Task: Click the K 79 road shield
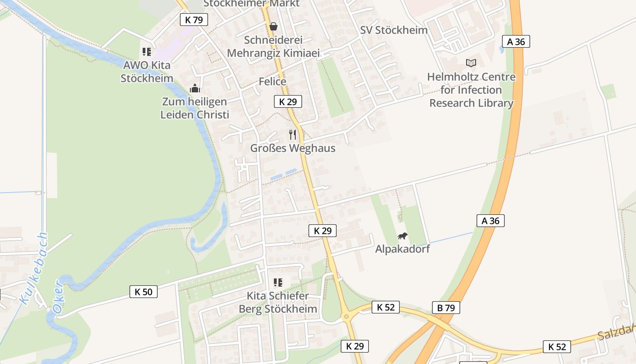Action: [194, 20]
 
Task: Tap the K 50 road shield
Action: [144, 292]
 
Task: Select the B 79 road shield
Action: [446, 308]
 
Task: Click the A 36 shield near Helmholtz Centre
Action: [516, 41]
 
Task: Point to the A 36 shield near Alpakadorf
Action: [490, 221]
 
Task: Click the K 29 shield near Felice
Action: [288, 101]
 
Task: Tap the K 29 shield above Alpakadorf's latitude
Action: [323, 231]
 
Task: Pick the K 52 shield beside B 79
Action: [385, 307]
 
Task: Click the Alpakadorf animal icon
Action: [402, 236]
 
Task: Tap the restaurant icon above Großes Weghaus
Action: [293, 135]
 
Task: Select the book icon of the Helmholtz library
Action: [471, 63]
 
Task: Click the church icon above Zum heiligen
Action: [194, 88]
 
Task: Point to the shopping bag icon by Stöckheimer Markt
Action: [273, 26]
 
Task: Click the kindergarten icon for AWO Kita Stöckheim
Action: [146, 52]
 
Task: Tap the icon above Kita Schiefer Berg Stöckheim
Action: [278, 283]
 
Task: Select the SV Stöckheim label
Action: [394, 30]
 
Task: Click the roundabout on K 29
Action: [346, 316]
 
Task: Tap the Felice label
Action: [272, 81]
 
